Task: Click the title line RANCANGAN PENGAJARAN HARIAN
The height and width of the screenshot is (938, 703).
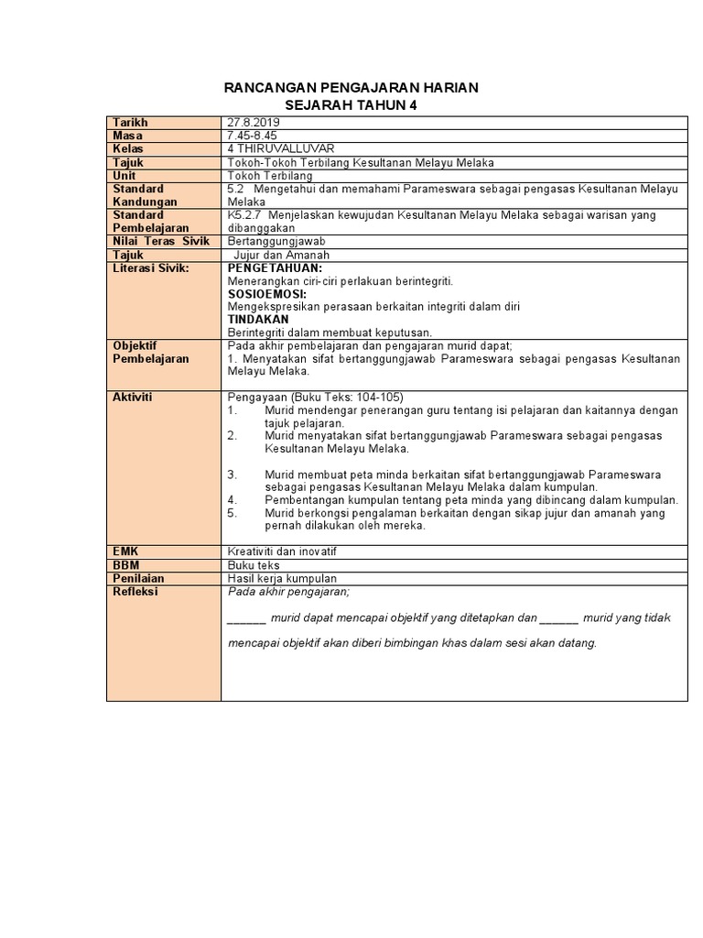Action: pos(351,88)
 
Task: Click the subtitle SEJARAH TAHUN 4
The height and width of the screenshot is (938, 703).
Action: pos(351,105)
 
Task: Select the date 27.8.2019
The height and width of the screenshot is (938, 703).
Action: pos(254,123)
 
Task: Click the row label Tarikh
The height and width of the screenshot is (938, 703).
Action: pos(130,123)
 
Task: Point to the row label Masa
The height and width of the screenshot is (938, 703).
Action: pos(127,136)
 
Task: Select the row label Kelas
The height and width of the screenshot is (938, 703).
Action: pos(128,148)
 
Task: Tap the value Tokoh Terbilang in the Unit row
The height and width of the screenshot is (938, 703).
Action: pos(269,175)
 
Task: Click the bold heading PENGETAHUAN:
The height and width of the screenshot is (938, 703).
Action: pos(275,267)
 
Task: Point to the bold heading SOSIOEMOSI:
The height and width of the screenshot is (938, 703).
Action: pos(269,294)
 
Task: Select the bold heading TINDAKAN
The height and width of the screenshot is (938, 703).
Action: pos(258,320)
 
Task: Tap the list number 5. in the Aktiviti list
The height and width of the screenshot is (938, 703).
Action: pos(233,513)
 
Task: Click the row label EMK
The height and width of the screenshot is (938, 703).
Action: pos(125,552)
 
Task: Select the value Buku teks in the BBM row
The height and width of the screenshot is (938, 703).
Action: pos(253,565)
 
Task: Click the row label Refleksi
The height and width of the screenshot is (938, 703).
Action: pos(135,592)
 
